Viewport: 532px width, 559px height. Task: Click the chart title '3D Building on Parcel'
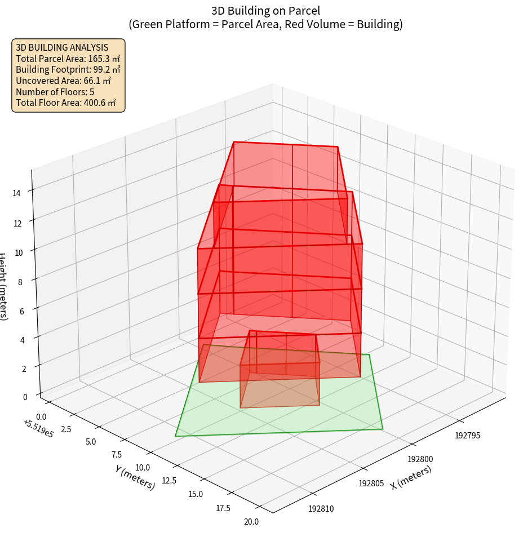265,10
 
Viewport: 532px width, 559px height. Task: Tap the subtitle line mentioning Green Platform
265,24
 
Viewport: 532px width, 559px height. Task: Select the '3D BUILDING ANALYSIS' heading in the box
62,47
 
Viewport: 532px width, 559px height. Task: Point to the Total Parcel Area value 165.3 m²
104,59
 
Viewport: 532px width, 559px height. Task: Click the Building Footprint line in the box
68,69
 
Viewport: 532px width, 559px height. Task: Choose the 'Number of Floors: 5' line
55,92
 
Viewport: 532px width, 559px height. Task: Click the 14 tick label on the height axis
17,193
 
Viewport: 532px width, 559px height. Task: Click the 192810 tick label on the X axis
321,509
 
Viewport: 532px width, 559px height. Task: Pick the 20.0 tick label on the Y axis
251,522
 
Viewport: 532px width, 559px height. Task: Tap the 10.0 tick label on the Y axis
143,467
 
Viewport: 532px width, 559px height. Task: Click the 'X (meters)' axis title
411,478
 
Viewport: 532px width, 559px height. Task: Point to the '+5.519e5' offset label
38,429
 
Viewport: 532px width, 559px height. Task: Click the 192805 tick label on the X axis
371,483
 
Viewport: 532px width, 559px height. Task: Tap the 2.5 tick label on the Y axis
65,429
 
